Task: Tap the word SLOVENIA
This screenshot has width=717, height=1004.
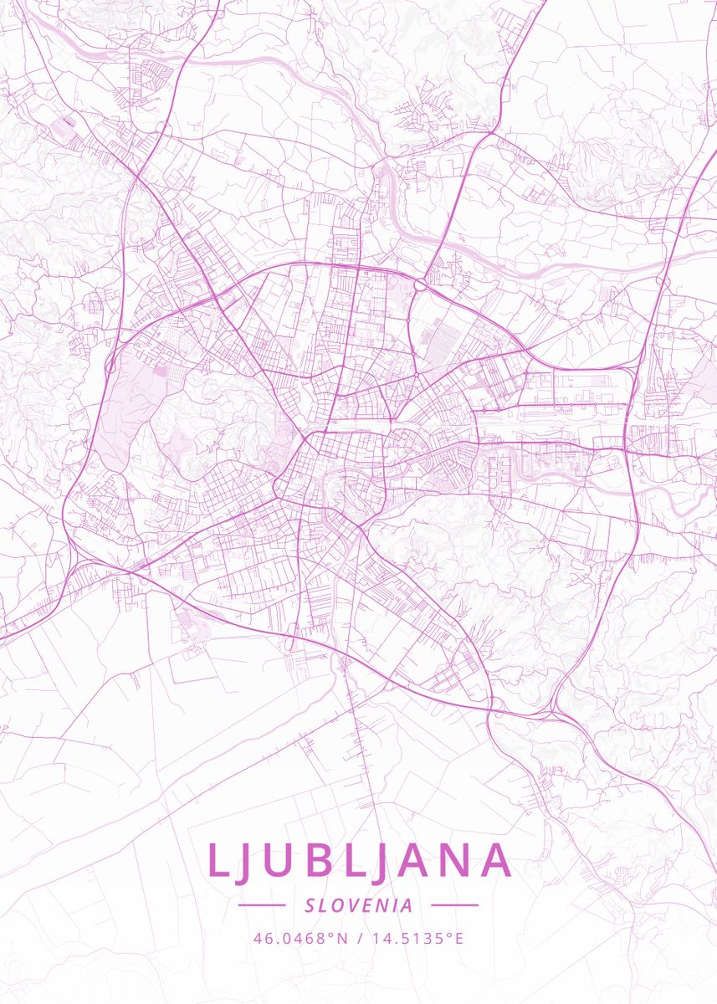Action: pyautogui.click(x=359, y=905)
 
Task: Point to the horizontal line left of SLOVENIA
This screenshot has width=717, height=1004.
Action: pyautogui.click(x=262, y=905)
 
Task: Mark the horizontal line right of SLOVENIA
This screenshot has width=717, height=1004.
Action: pyautogui.click(x=454, y=905)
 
